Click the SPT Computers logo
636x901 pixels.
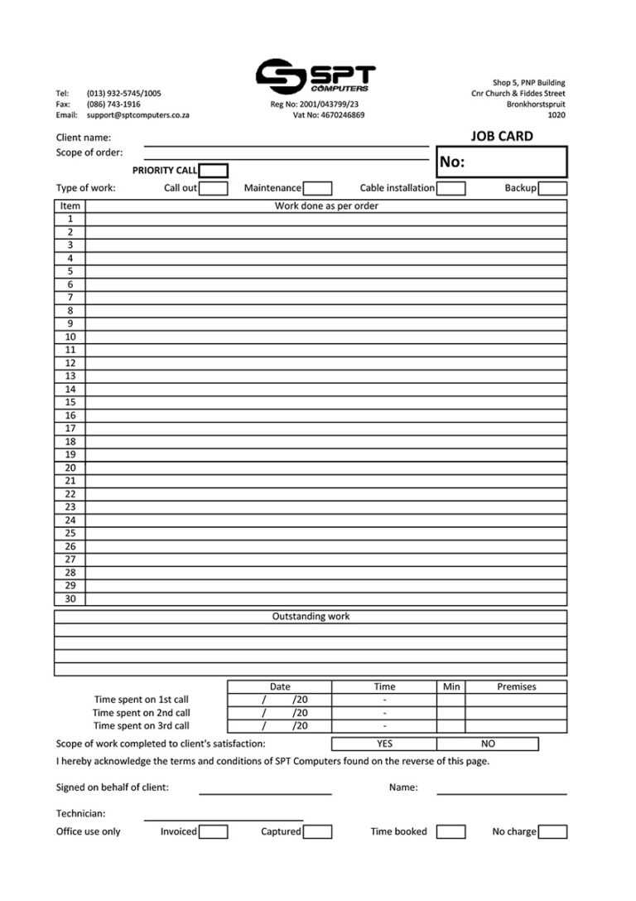tap(315, 76)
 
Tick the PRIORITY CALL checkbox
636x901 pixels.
tap(214, 171)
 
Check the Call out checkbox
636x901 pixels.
tap(214, 188)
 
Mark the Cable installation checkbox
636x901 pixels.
tap(450, 188)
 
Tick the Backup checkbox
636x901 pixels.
tap(552, 188)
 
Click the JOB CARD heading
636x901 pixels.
tap(502, 137)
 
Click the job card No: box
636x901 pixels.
tap(502, 162)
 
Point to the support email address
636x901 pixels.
tap(137, 115)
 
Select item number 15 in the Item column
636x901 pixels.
tap(70, 402)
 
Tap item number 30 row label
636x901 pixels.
tap(70, 598)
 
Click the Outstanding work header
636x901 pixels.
tap(311, 617)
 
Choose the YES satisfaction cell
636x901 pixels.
tap(384, 744)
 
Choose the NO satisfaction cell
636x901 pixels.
tap(488, 744)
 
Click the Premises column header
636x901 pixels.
tap(516, 686)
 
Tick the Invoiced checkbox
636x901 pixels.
tap(214, 831)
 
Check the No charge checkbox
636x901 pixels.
tap(552, 831)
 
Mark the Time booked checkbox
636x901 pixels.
tap(450, 831)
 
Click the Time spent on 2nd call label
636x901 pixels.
tap(141, 713)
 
